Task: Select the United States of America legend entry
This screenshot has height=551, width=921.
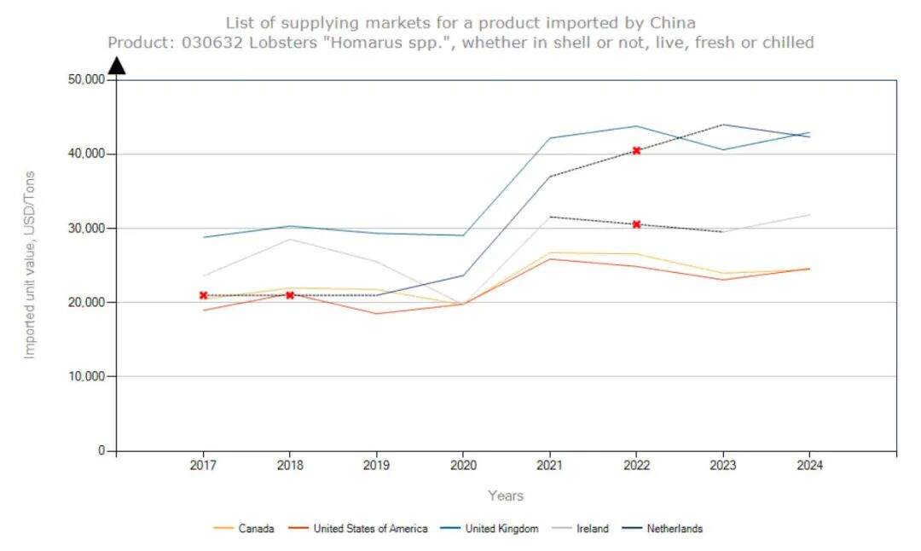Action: (370, 529)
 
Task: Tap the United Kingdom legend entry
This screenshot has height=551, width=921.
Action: (501, 529)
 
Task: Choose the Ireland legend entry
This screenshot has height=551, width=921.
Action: (592, 529)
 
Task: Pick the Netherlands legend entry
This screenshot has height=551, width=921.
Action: (674, 529)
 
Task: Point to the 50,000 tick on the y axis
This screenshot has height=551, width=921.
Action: (85, 79)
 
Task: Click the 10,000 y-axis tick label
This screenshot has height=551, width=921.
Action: (85, 376)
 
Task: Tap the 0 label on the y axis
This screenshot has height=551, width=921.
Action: (101, 450)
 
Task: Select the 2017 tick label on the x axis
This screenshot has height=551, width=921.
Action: (203, 466)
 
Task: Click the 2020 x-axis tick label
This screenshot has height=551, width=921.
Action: (463, 466)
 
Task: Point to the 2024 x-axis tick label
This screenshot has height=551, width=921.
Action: (809, 466)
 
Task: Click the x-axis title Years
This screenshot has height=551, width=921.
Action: (506, 496)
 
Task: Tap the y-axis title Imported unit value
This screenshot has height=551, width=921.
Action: (30, 264)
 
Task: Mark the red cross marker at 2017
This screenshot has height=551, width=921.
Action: (204, 295)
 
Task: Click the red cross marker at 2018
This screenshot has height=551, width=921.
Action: (290, 295)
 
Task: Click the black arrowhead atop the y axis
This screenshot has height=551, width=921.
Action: (117, 66)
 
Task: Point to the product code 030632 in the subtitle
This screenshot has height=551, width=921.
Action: (210, 42)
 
